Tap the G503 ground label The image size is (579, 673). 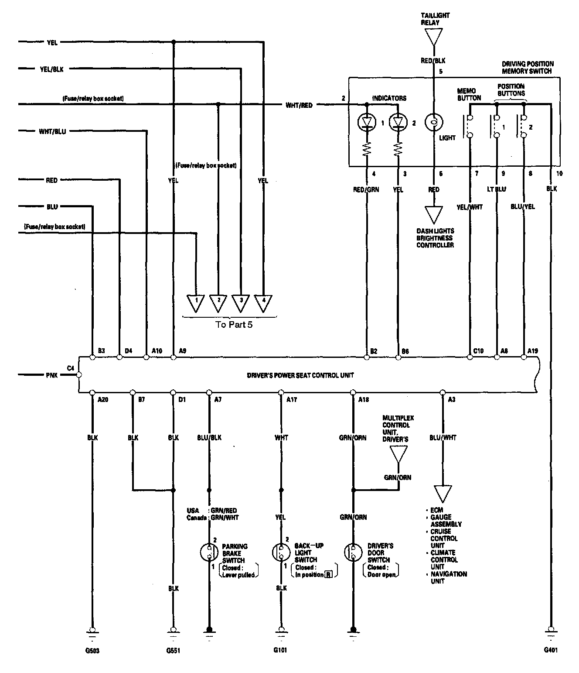pos(92,650)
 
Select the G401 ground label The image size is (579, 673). pos(551,649)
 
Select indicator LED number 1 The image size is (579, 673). pos(366,123)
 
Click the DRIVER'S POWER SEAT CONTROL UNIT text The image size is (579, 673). pos(300,375)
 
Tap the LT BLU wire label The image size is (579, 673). pos(497,189)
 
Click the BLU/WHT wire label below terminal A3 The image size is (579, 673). pos(443,437)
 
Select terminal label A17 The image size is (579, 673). pos(292,399)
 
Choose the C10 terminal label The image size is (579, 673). pos(478,350)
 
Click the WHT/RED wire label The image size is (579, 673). pos(299,105)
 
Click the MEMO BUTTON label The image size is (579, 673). pos(469,95)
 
